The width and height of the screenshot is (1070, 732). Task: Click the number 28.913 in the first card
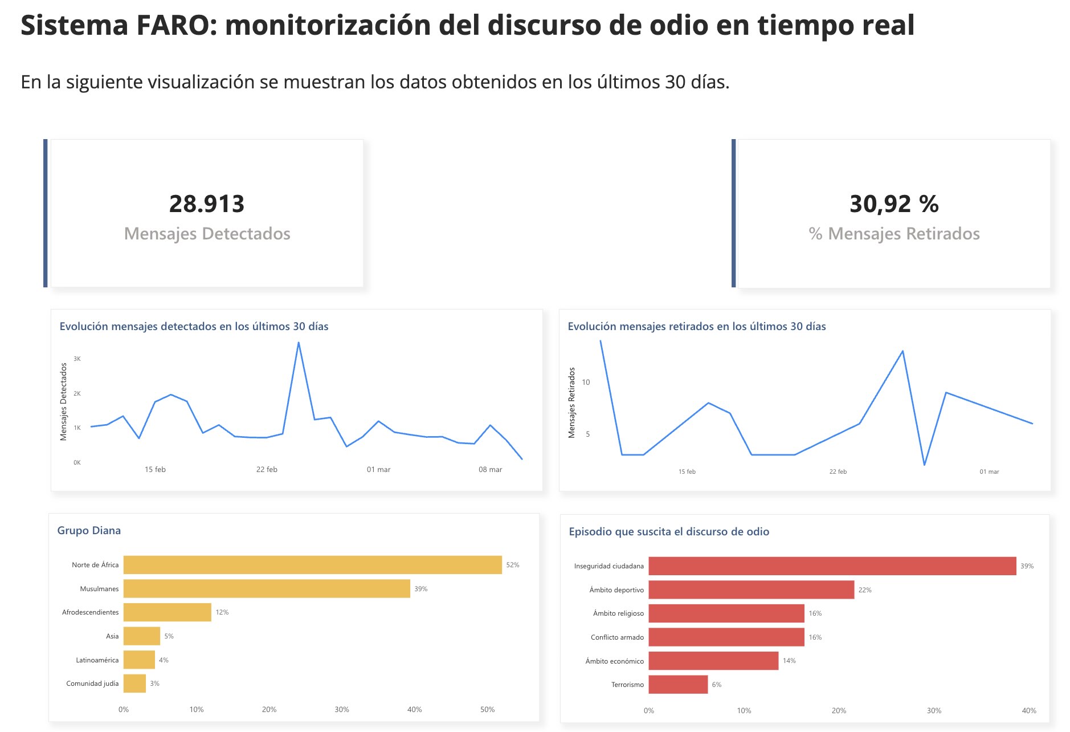[207, 204]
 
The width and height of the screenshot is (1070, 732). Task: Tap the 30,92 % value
[893, 204]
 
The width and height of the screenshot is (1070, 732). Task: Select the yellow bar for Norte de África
[312, 565]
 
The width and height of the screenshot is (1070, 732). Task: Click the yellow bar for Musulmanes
[267, 589]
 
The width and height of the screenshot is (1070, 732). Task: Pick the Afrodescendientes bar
[167, 612]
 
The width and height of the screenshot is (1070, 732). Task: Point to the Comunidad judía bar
[134, 684]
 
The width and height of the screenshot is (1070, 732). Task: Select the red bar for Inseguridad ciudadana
[832, 566]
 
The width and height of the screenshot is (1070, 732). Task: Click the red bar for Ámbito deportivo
[751, 590]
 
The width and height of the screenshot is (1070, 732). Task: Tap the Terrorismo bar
[678, 685]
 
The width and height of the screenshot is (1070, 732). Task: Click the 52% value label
[513, 565]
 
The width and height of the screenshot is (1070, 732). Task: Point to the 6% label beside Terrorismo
[717, 685]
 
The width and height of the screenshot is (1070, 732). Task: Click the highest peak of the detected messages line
[299, 343]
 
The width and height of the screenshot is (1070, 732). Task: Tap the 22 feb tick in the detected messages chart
[267, 470]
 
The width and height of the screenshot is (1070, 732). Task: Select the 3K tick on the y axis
[77, 359]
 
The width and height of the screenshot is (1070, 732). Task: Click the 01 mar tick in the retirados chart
[989, 472]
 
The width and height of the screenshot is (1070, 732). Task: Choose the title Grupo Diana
[89, 531]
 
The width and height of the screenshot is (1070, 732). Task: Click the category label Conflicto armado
[617, 637]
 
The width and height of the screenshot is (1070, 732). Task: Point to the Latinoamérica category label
[97, 660]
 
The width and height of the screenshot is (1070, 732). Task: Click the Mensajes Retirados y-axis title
[572, 402]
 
